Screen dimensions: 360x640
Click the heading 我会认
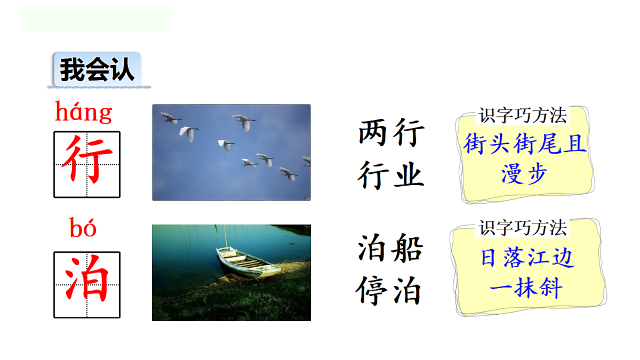coord(97,70)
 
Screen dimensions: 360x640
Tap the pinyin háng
coord(84,113)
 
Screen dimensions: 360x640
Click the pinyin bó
coord(83,228)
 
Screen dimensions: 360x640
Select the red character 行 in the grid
coord(87,164)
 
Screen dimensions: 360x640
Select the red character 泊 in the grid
coord(87,285)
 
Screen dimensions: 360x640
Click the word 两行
coord(391,132)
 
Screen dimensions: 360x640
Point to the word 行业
coord(391,175)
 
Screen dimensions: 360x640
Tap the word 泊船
coord(390,248)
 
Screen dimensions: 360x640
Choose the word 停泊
coord(390,291)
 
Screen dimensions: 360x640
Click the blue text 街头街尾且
coord(525,143)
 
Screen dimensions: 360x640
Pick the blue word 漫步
coord(524,174)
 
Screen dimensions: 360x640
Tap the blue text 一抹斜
coord(526,289)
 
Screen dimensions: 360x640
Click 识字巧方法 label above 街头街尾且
coord(522,115)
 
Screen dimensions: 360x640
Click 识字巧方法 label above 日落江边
coord(522,228)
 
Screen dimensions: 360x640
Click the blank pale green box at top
coord(96,19)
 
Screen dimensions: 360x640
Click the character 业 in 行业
coord(409,175)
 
